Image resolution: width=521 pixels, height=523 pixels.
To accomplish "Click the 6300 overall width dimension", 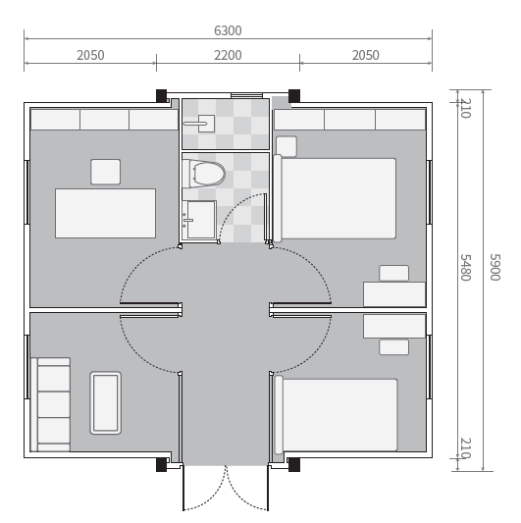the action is tap(228, 30).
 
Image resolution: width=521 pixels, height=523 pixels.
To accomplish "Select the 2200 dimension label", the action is tap(228, 55).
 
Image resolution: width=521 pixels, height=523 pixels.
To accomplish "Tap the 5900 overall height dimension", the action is tap(495, 267).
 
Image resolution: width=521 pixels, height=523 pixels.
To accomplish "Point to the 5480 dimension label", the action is tap(466, 268).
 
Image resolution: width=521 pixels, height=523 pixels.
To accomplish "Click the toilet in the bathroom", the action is tap(204, 174).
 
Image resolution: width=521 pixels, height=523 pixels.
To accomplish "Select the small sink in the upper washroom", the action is tap(200, 124).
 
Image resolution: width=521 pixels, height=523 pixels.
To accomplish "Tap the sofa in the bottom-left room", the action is tap(50, 404).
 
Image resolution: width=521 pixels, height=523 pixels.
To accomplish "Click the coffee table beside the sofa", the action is tap(105, 402).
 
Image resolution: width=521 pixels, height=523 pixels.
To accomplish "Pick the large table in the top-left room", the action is tap(105, 213).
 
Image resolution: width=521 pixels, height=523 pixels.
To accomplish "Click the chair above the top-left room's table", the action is tap(105, 172).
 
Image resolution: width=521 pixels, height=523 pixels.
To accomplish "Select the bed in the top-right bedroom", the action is tap(335, 198).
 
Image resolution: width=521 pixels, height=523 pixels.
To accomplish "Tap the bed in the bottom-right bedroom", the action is tap(336, 415).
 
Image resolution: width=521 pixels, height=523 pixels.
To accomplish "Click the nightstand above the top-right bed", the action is tap(287, 146).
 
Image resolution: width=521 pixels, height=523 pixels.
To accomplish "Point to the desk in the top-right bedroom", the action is tap(394, 294).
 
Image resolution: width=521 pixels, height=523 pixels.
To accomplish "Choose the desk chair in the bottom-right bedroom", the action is tap(393, 347).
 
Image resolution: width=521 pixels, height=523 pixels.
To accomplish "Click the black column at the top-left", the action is tap(162, 96).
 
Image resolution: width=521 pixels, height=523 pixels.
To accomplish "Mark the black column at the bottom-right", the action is tap(293, 465).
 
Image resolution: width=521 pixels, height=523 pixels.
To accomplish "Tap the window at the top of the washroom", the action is tap(246, 96).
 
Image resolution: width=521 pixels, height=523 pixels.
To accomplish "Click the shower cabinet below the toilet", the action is tap(199, 220).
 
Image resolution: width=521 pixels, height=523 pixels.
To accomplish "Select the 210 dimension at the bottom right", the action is tap(466, 448).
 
